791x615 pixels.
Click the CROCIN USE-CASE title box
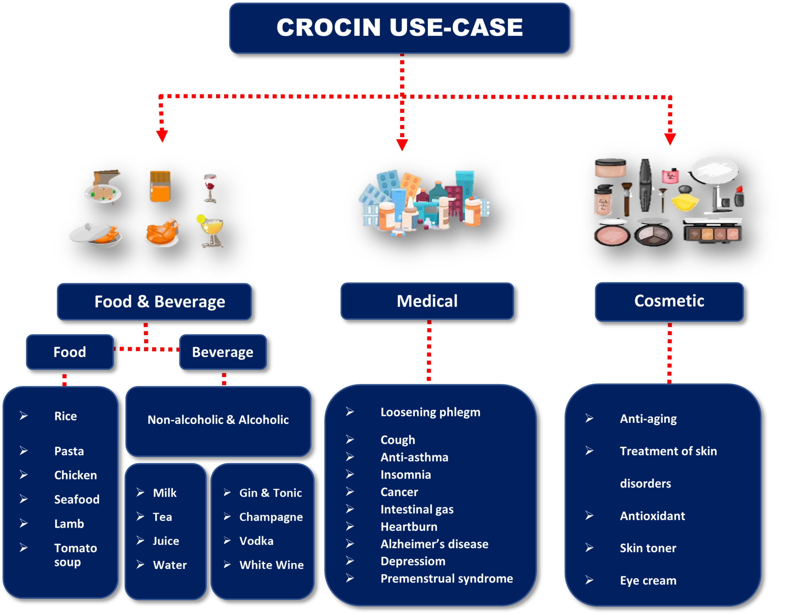pos(399,28)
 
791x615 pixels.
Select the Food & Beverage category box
pos(154,302)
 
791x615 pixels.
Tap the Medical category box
pos(427,301)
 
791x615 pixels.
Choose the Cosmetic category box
pos(669,301)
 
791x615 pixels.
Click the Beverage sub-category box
pos(223,352)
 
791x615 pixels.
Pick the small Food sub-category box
pos(70,352)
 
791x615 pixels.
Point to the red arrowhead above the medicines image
pos(402,145)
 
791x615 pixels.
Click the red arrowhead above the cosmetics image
pos(670,139)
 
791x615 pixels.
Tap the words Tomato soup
pos(75,555)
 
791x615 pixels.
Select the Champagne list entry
pos(271,517)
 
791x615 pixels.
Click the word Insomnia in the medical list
pos(406,474)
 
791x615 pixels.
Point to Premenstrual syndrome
pos(446,578)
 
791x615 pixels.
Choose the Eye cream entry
pos(648,580)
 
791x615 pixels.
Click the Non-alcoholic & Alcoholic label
pos(218,419)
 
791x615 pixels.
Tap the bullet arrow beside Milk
pos(141,492)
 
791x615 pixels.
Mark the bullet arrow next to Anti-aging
pos(589,418)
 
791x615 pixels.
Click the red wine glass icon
pos(210,187)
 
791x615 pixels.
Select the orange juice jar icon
pos(160,187)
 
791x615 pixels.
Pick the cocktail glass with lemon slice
pos(211,230)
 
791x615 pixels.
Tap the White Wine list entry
pos(271,565)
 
